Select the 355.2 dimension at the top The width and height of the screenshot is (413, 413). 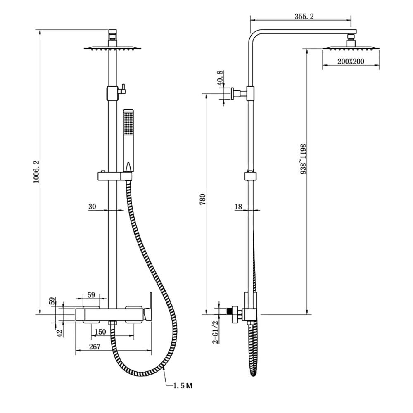pos(305,17)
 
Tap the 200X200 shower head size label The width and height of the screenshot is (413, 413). pos(350,62)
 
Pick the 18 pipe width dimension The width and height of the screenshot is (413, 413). pos(238,206)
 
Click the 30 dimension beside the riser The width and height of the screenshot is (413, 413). pos(92,206)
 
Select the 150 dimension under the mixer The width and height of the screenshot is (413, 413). pos(100,332)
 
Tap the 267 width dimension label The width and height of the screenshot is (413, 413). pos(95,347)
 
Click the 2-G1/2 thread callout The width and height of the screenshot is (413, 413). pos(215,332)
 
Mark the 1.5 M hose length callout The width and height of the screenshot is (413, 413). pos(182,386)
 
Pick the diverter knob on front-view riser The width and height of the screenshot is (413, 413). pos(122,89)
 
